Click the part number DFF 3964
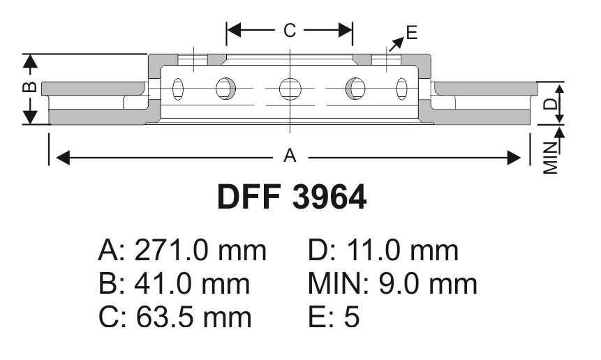click(x=292, y=197)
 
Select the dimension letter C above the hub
click(x=290, y=30)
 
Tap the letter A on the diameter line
click(x=290, y=156)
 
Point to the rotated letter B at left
click(x=30, y=87)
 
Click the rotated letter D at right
click(x=551, y=104)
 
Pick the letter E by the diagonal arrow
click(x=412, y=33)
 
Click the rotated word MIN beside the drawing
click(x=551, y=158)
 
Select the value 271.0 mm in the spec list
click(x=200, y=251)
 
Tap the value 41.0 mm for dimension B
click(x=192, y=284)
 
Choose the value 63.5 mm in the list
click(x=194, y=317)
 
